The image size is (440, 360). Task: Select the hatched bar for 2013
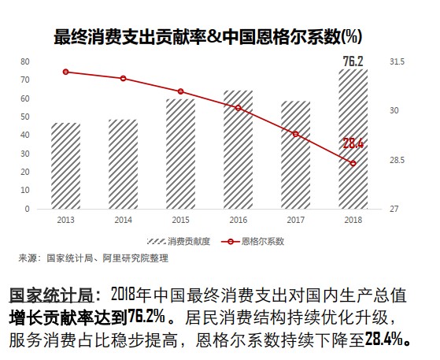pyautogui.click(x=65, y=166)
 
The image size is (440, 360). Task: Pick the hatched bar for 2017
pyautogui.click(x=295, y=155)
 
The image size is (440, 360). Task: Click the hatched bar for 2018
pyautogui.click(x=353, y=139)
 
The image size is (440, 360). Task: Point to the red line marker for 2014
pyautogui.click(x=123, y=78)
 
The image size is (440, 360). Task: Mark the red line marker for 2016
pyautogui.click(x=238, y=108)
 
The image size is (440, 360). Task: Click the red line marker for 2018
pyautogui.click(x=353, y=163)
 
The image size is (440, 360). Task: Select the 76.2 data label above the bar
pyautogui.click(x=353, y=61)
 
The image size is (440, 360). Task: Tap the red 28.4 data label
pyautogui.click(x=353, y=143)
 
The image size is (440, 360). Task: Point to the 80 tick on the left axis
pyautogui.click(x=25, y=61)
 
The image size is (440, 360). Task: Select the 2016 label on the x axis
pyautogui.click(x=238, y=221)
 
